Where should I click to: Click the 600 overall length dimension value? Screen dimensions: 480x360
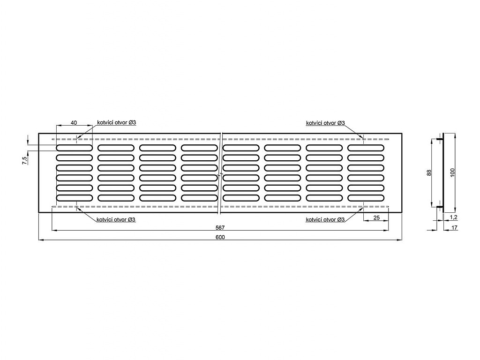click(220, 237)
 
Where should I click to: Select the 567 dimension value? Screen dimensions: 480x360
click(220, 227)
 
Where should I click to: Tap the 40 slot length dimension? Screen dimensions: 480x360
click(74, 123)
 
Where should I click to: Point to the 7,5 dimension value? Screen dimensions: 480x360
click(24, 160)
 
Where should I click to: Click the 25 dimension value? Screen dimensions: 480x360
click(376, 217)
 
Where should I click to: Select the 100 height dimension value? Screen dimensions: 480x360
click(453, 172)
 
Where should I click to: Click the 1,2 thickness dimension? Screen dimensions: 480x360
click(454, 217)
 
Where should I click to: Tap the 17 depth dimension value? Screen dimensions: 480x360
click(454, 227)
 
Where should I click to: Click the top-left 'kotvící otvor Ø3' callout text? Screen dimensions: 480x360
click(117, 122)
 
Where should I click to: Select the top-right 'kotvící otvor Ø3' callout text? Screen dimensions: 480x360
click(325, 123)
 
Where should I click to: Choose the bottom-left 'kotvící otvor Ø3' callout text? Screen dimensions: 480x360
click(116, 219)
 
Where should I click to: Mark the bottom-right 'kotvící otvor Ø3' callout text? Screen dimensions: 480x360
click(325, 219)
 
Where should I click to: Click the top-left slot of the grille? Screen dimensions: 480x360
click(74, 148)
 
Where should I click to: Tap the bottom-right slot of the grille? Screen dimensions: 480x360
click(366, 198)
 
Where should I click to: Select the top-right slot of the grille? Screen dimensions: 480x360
click(366, 148)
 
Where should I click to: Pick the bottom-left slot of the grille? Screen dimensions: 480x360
click(74, 198)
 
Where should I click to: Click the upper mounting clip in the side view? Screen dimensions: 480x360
click(440, 139)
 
